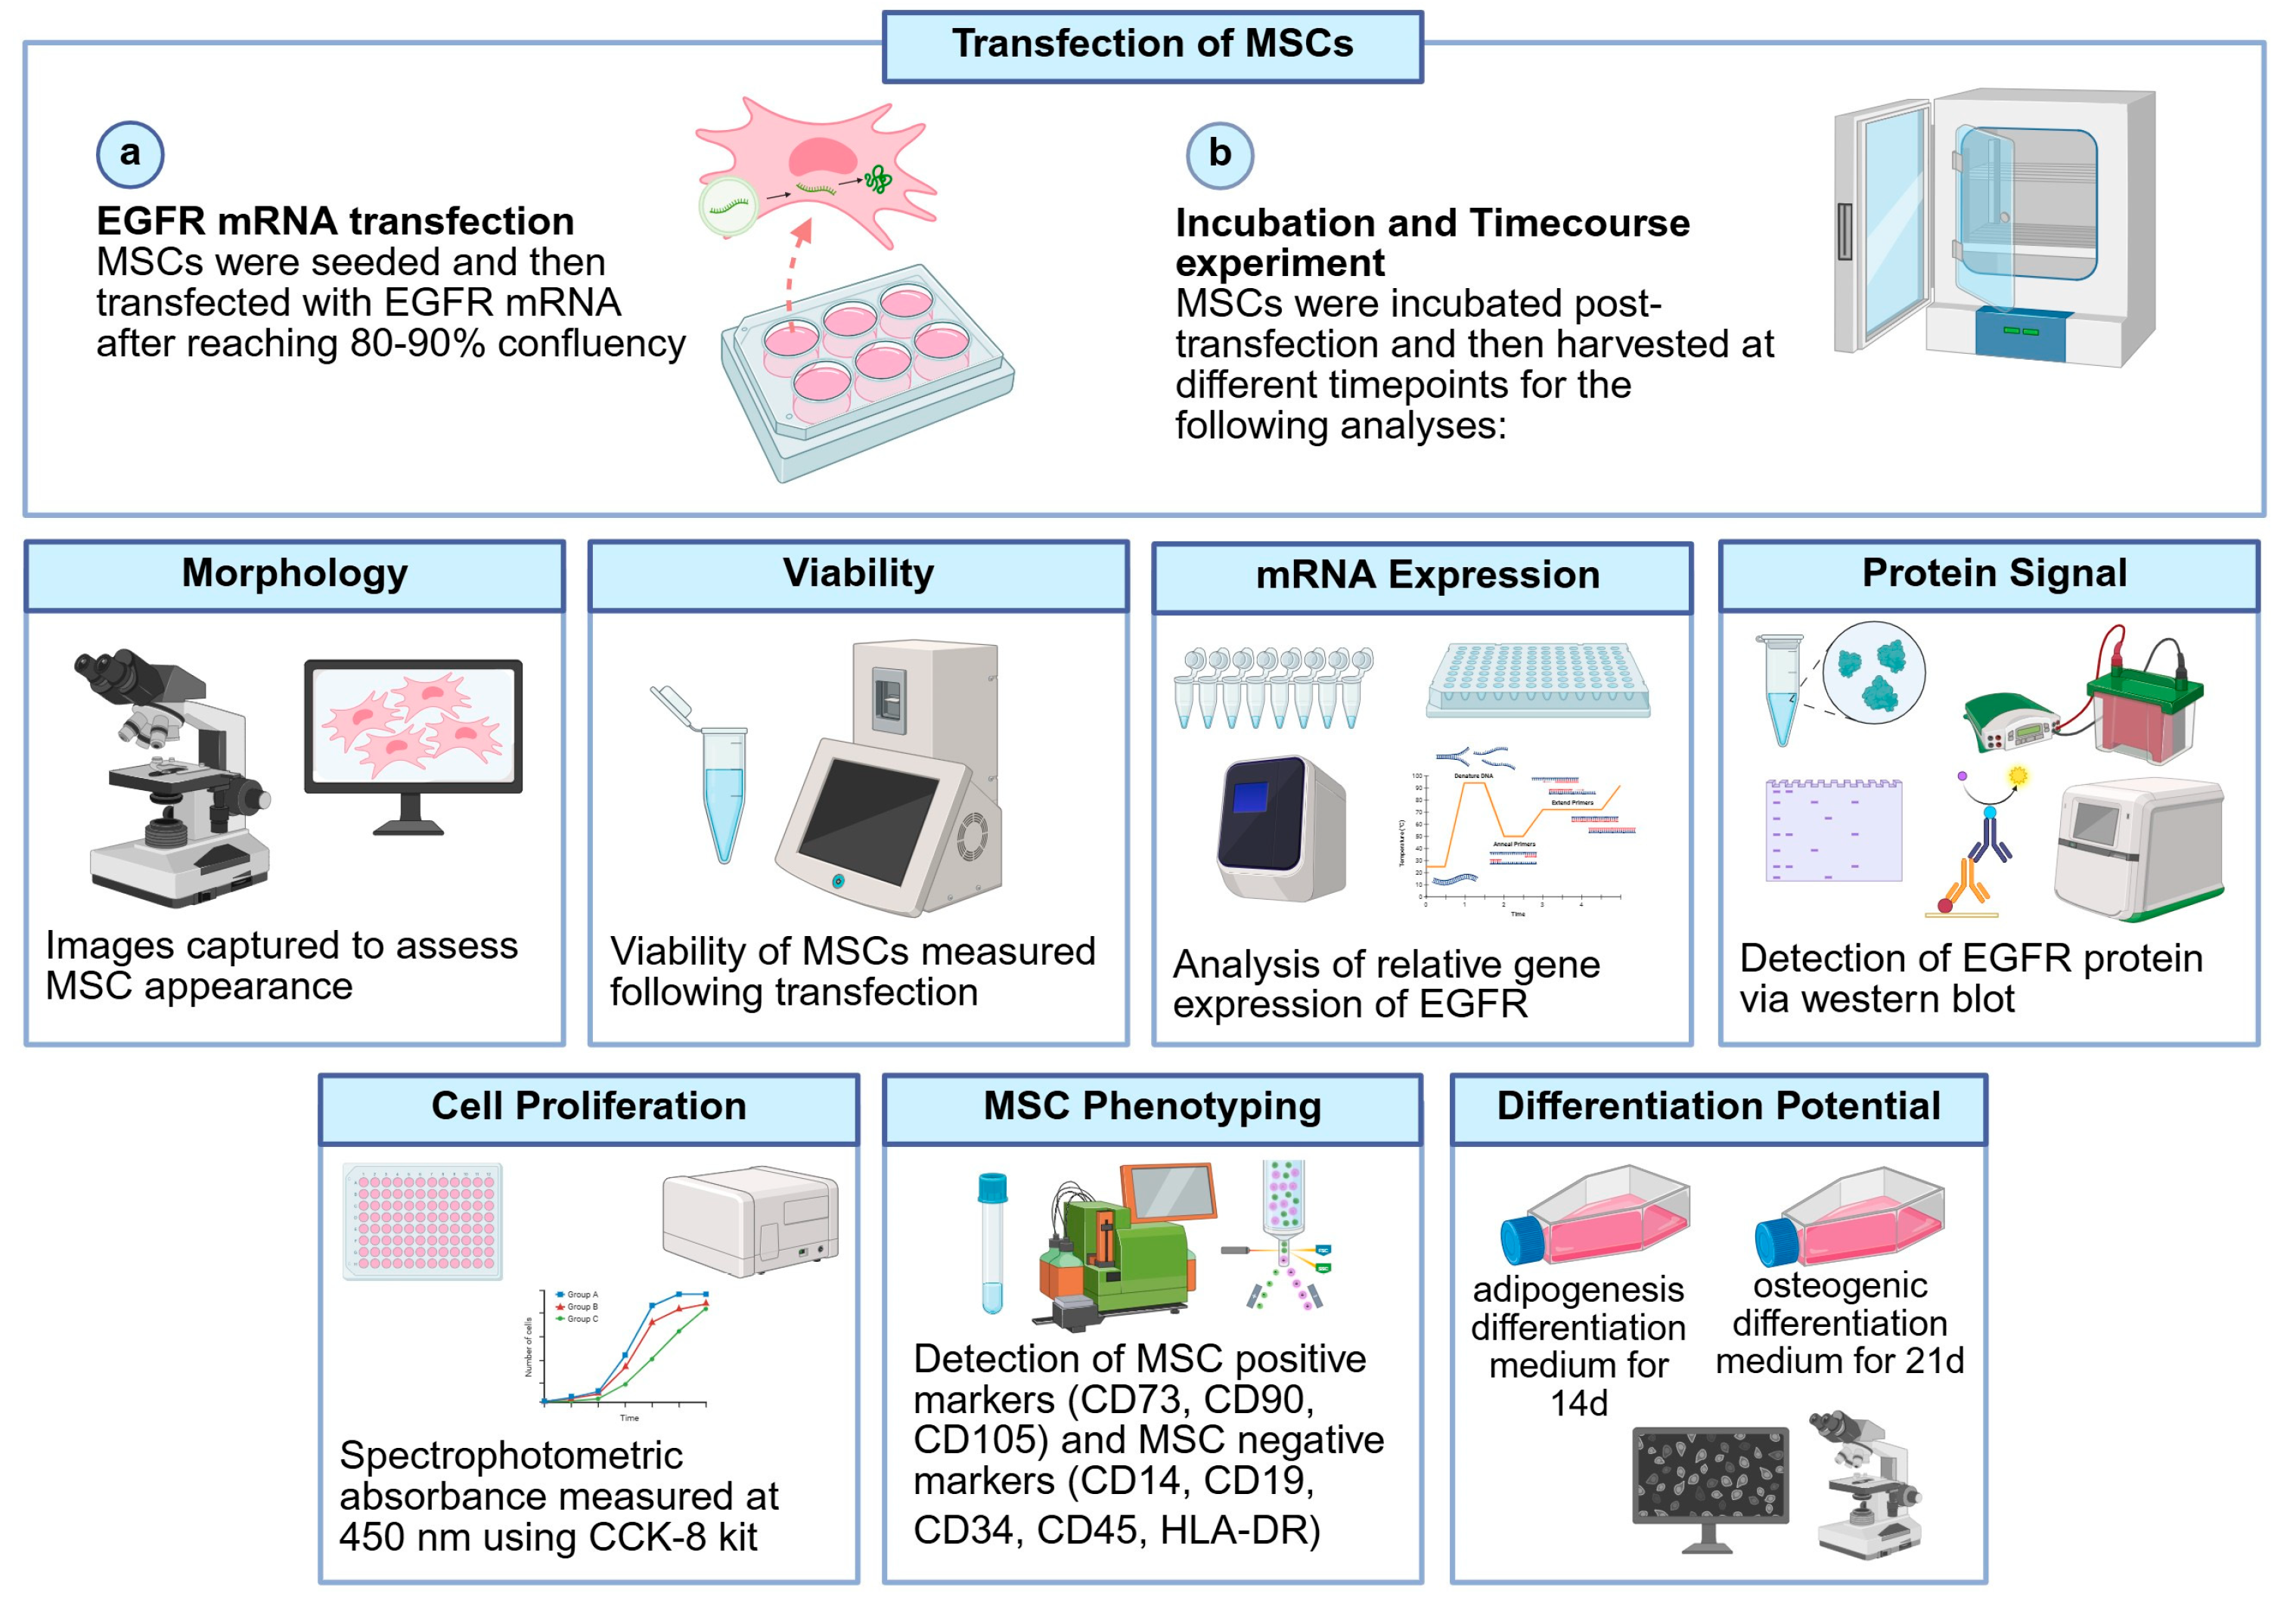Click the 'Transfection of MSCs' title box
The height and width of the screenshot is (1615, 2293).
1152,45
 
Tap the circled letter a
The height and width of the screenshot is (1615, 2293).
130,155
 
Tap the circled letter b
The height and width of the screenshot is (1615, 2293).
1219,155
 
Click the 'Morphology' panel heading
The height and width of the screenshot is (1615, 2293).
295,575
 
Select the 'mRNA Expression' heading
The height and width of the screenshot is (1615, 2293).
1426,576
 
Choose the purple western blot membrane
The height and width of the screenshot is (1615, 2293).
1832,831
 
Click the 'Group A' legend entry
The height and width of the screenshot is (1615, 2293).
579,1294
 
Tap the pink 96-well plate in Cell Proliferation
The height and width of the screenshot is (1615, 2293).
424,1222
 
